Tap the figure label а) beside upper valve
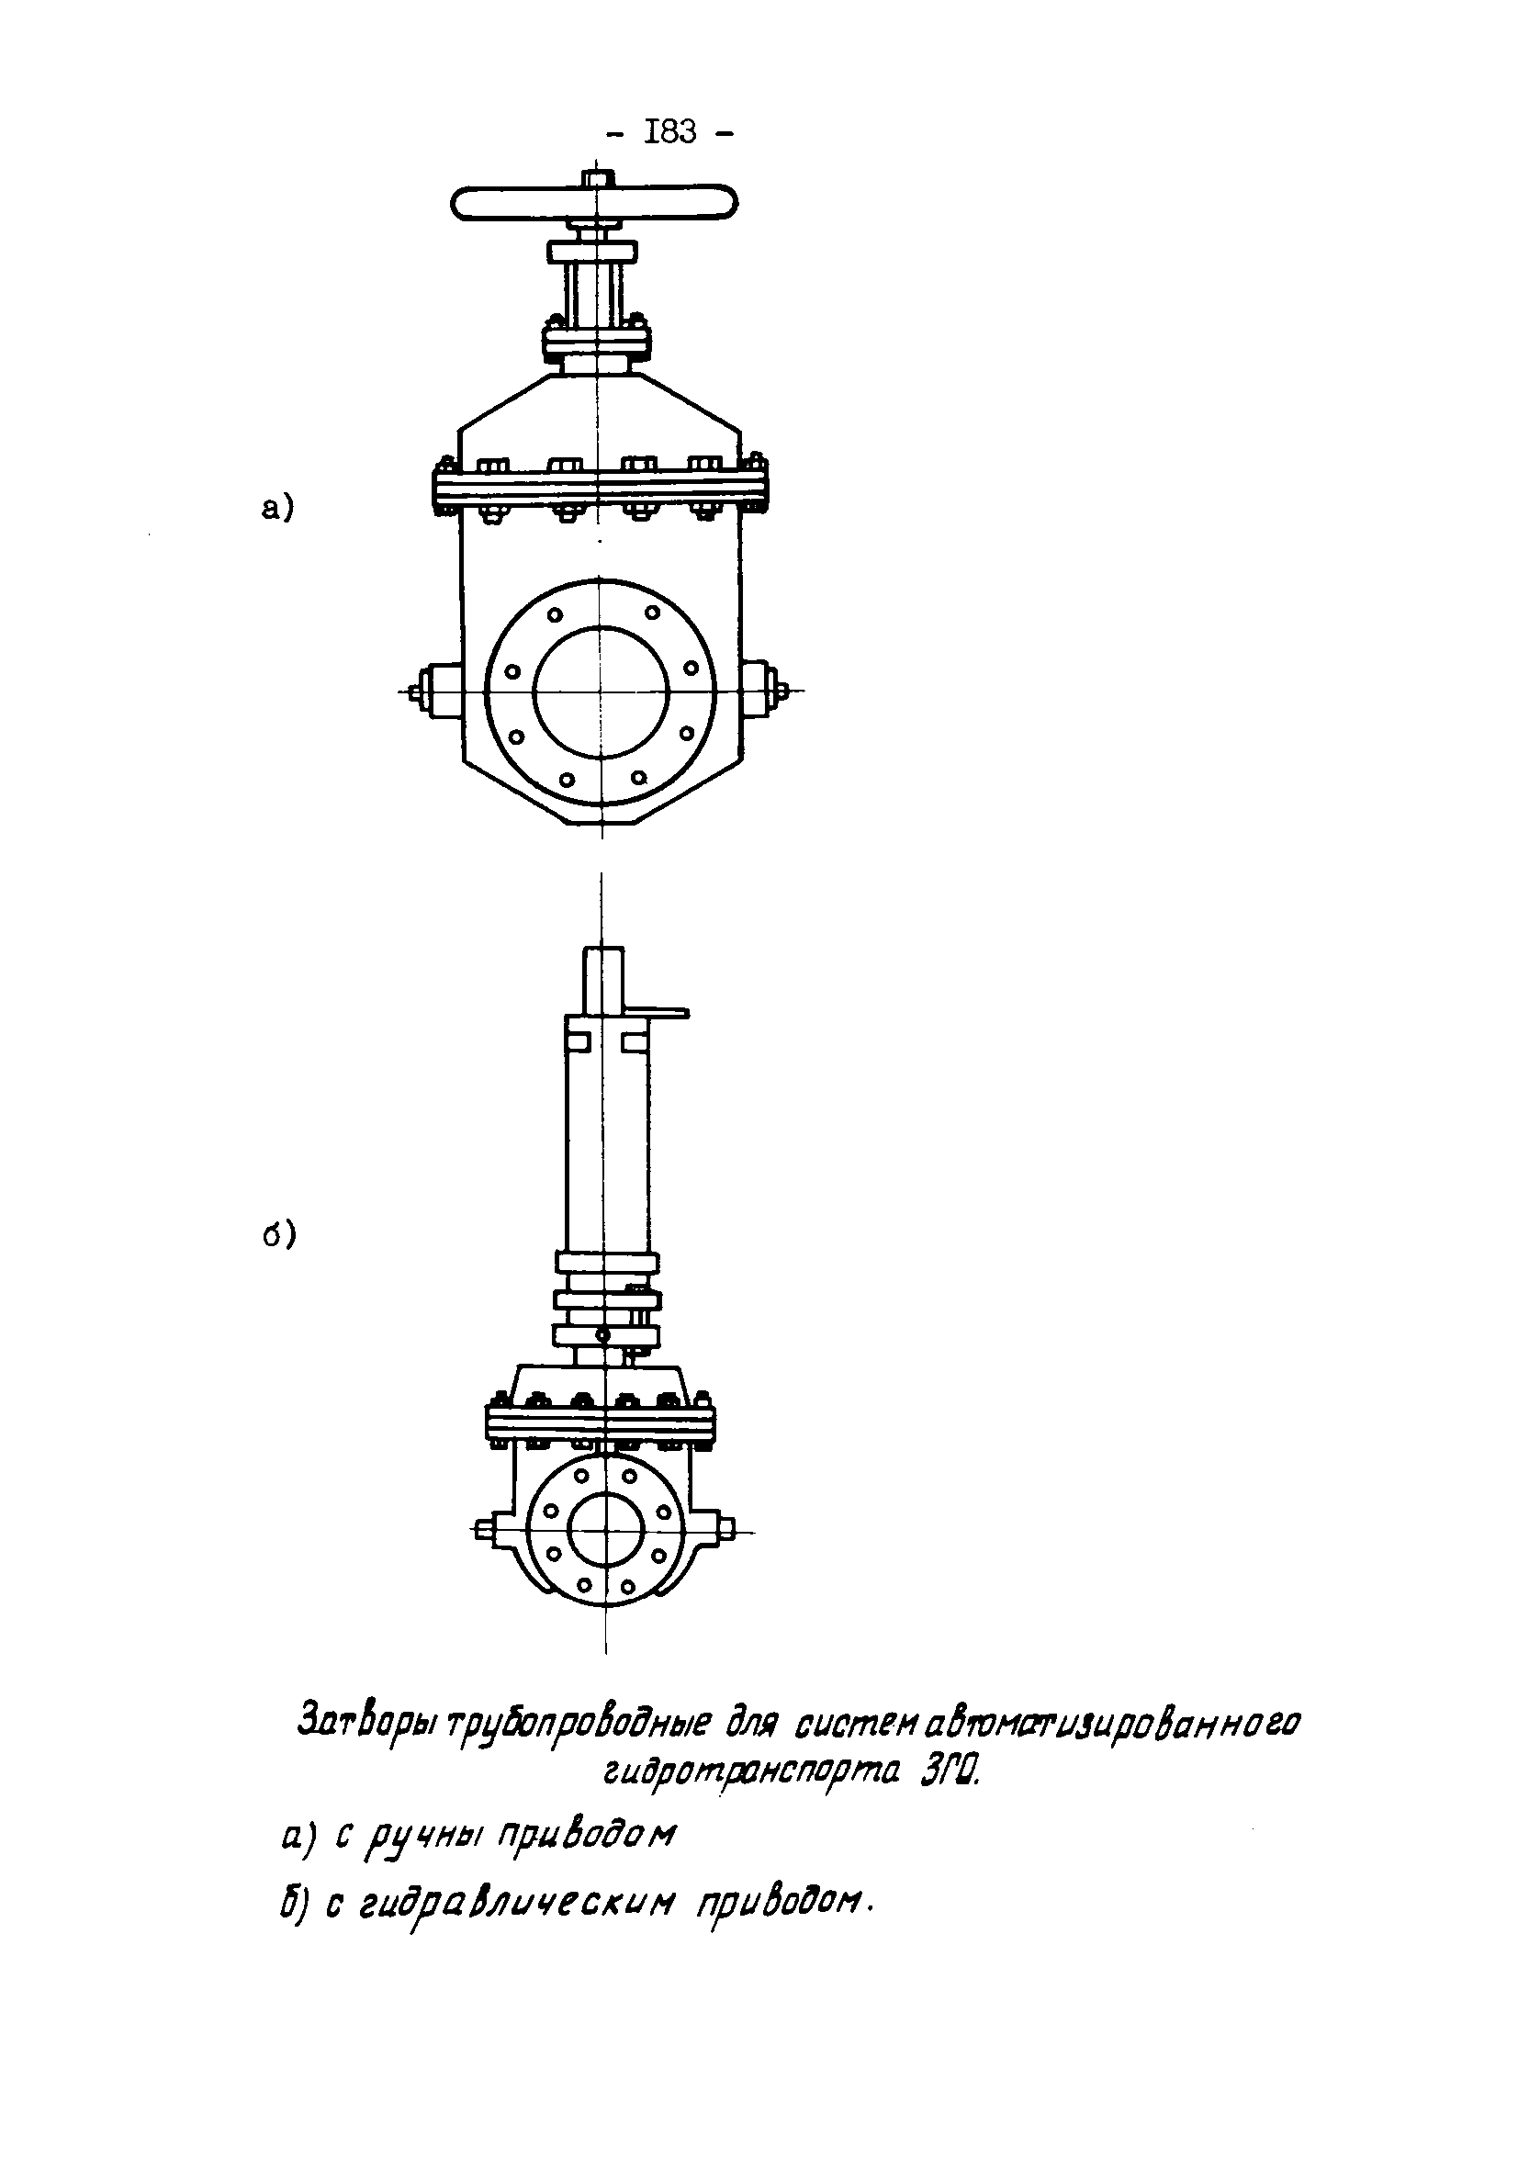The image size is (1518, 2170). pos(278,509)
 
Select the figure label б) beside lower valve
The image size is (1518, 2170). pos(280,1234)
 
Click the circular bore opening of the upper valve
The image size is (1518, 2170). pos(602,691)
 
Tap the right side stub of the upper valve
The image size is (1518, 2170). pos(760,691)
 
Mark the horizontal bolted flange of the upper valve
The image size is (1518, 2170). pos(602,489)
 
